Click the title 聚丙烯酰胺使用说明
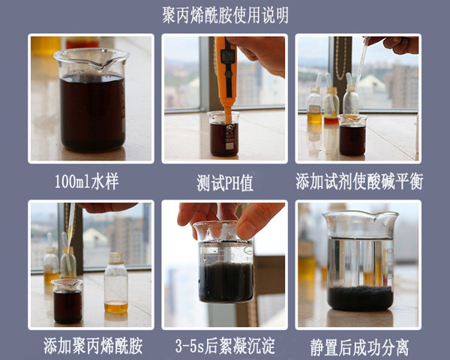tap(225, 15)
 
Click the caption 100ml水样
tap(87, 181)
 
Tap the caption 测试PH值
tap(225, 182)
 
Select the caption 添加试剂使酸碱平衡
tap(359, 181)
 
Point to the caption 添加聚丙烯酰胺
tap(93, 346)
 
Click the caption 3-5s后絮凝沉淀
tap(225, 346)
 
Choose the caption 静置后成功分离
tap(359, 346)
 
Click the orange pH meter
tap(226, 77)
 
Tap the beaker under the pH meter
tap(223, 134)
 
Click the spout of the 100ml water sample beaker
tap(100, 67)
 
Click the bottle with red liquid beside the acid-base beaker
tap(331, 106)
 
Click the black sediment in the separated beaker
tap(361, 298)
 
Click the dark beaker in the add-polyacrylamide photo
tap(67, 301)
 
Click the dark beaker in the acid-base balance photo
tap(352, 135)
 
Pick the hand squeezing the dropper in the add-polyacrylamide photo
tap(106, 207)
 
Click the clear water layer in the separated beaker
tap(361, 262)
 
